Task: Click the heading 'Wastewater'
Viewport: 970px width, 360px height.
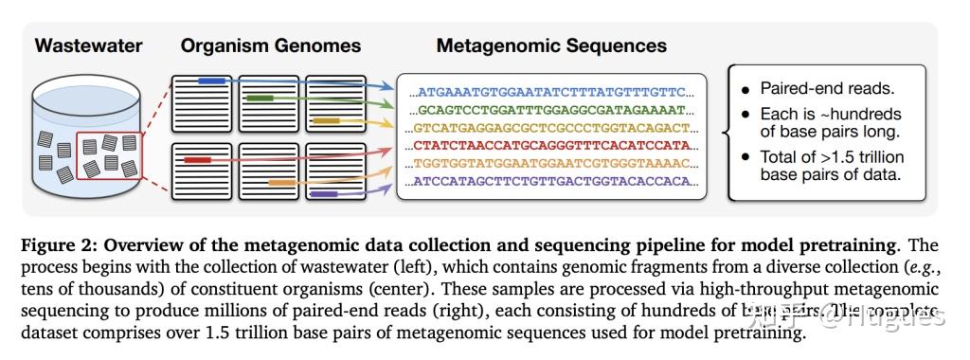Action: click(x=89, y=45)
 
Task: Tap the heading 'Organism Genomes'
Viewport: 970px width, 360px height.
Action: click(x=271, y=45)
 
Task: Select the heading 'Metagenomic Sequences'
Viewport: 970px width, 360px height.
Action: click(x=551, y=45)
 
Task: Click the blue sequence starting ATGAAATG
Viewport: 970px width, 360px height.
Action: click(x=552, y=93)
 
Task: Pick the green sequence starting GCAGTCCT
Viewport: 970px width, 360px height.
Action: click(x=552, y=110)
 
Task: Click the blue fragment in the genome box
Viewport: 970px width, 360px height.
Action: click(x=211, y=81)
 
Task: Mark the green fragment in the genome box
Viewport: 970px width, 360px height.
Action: click(x=259, y=98)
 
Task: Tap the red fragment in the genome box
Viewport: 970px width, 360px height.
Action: click(x=197, y=161)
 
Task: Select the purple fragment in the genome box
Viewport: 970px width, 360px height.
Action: click(x=325, y=194)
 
